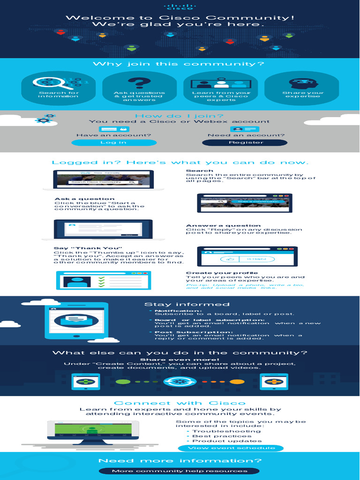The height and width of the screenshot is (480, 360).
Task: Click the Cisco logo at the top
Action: [180, 7]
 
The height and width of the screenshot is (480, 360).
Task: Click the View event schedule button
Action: [230, 448]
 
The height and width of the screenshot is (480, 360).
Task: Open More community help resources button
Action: [179, 471]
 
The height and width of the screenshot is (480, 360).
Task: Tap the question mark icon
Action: [139, 83]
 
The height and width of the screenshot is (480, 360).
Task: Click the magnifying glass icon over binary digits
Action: [52, 83]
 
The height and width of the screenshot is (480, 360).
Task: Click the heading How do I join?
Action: [180, 116]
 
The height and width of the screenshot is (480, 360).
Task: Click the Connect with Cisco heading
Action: [180, 403]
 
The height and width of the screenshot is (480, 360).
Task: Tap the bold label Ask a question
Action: [84, 199]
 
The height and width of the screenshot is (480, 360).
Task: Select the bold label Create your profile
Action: [222, 273]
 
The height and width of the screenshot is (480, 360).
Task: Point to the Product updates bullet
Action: [220, 441]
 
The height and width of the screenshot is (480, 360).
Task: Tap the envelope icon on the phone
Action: [76, 321]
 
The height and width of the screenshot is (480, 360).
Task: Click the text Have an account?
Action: [113, 135]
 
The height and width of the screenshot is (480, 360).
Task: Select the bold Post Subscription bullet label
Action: [180, 332]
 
